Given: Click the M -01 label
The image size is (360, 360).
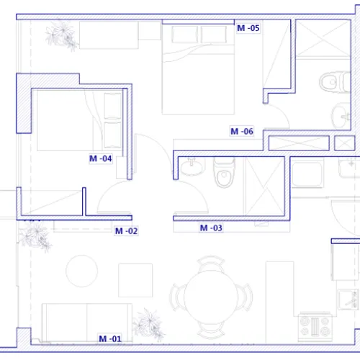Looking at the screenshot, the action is (x=110, y=338).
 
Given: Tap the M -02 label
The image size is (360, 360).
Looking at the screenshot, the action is (x=126, y=231).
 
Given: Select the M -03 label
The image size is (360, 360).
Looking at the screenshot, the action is (x=211, y=228).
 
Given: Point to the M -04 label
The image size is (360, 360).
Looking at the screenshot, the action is (x=100, y=158).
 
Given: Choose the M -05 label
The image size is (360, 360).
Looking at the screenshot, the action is (x=248, y=28).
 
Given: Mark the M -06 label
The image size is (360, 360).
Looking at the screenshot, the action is (x=242, y=131).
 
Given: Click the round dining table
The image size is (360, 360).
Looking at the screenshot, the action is (x=211, y=297).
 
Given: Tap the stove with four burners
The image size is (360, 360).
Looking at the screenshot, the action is (x=315, y=326).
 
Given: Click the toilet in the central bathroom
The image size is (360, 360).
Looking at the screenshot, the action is (x=224, y=172).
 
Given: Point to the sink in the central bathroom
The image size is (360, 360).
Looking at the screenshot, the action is (x=192, y=167).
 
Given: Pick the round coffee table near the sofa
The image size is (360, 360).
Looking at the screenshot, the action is (x=82, y=271).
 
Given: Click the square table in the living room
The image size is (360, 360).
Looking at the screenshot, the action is (x=135, y=280).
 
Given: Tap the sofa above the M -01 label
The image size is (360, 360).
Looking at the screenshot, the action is (x=87, y=323).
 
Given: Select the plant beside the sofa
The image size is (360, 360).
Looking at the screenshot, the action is (x=149, y=324).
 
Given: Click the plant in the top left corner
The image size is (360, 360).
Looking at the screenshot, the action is (x=62, y=35).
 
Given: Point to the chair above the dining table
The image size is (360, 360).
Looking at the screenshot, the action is (x=210, y=262).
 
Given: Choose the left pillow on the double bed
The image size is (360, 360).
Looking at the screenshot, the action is (x=184, y=35).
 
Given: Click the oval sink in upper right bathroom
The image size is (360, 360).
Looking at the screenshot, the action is (x=340, y=116).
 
